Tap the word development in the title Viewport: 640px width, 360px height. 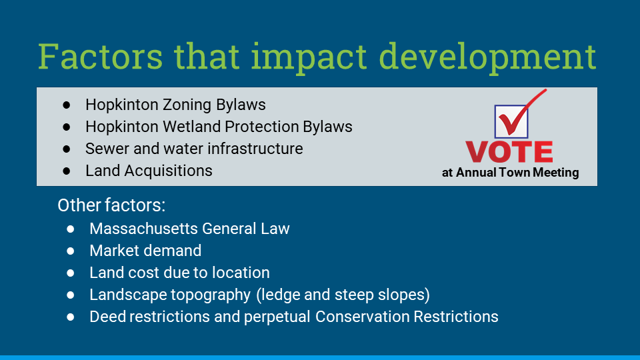pyautogui.click(x=488, y=57)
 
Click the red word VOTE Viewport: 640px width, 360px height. pyautogui.click(x=509, y=152)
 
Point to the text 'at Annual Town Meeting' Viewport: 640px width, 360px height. pyautogui.click(x=510, y=172)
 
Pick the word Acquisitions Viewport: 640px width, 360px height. pyautogui.click(x=168, y=171)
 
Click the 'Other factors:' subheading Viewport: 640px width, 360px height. pyautogui.click(x=111, y=205)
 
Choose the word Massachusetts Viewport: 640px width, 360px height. pyautogui.click(x=143, y=229)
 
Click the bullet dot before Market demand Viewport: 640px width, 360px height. pyautogui.click(x=71, y=251)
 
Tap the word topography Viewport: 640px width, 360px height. pyautogui.click(x=210, y=295)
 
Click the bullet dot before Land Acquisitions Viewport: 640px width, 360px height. pyautogui.click(x=67, y=171)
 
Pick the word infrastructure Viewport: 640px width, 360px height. pyautogui.click(x=255, y=149)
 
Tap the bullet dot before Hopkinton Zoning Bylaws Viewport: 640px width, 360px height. pyautogui.click(x=67, y=105)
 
